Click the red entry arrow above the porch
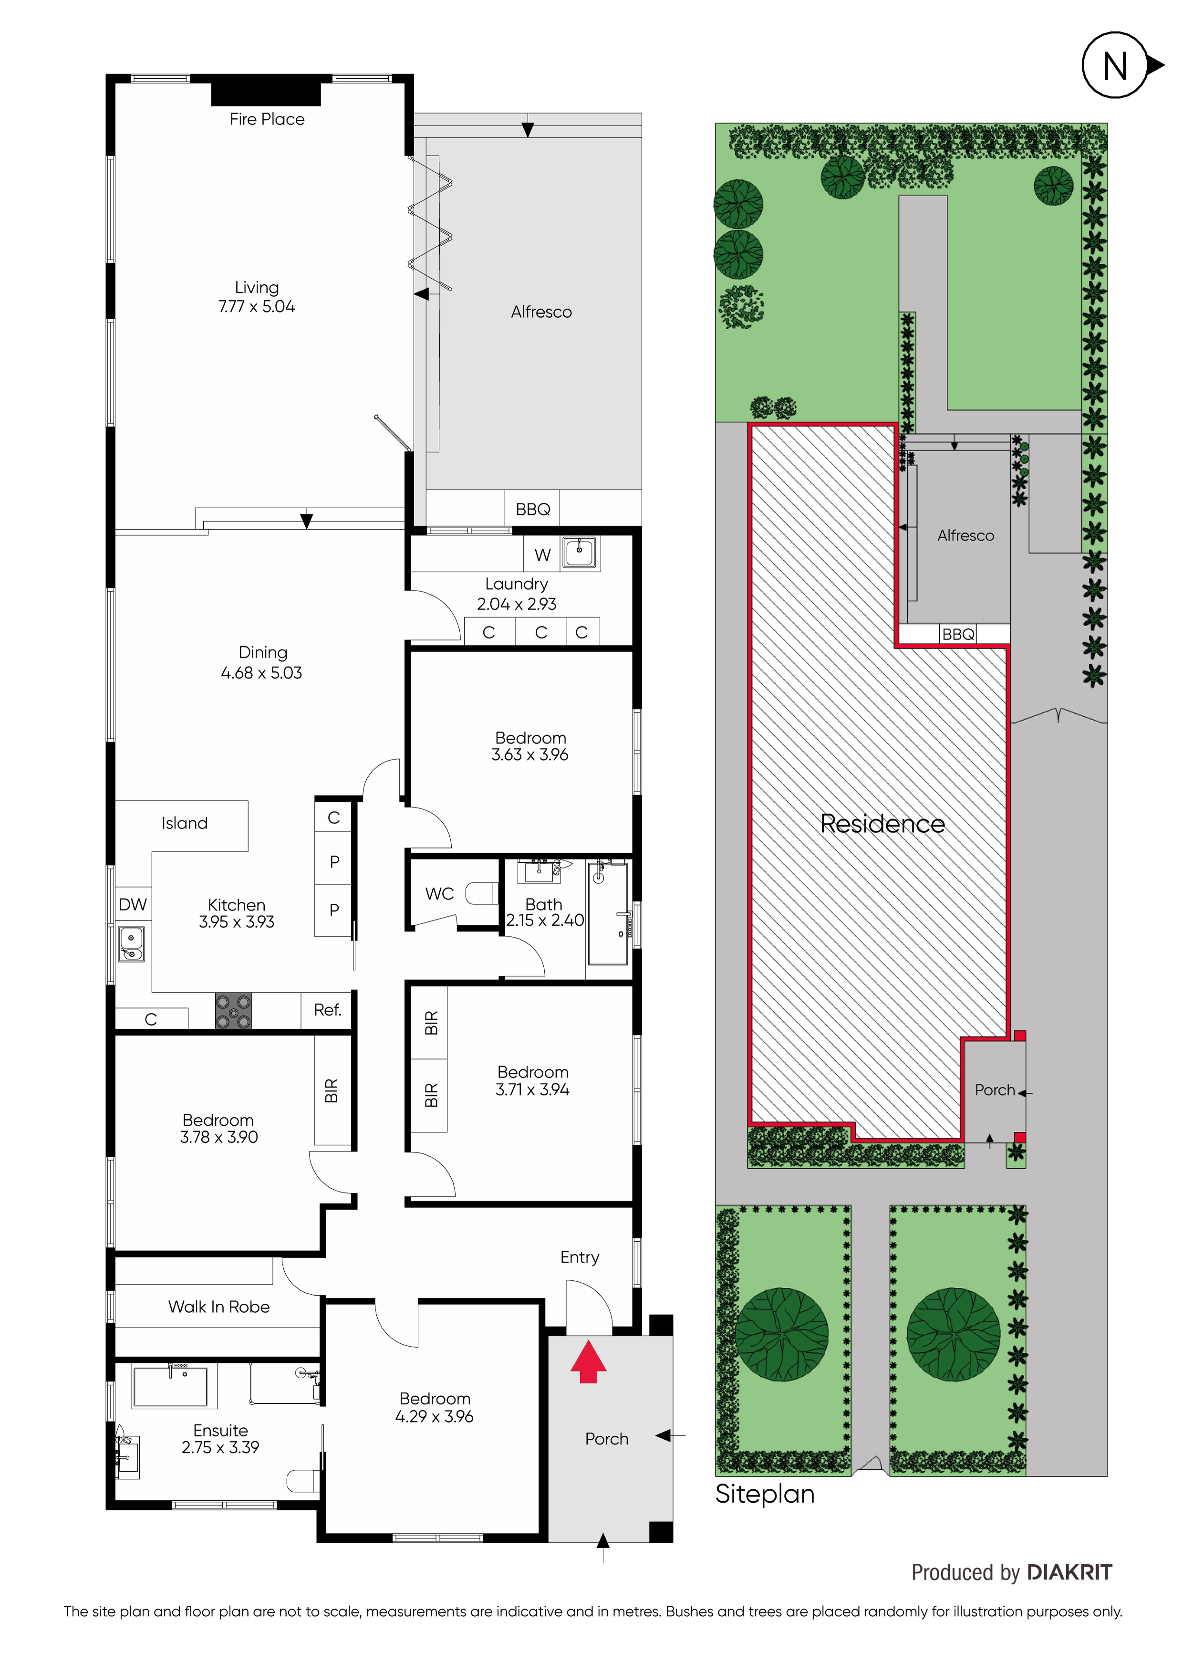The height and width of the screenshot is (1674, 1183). tap(588, 1362)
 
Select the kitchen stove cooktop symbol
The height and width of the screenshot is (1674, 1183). tap(233, 1011)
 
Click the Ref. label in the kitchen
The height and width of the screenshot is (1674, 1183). tap(327, 1010)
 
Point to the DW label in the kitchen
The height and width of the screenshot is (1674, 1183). tap(133, 905)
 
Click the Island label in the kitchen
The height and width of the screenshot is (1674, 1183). tap(185, 823)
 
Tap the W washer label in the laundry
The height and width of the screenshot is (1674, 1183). tap(542, 555)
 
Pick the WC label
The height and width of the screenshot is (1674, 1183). tap(439, 894)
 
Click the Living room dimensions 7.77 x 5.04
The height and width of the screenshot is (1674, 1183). tap(257, 307)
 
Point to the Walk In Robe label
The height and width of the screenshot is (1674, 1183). tap(218, 1307)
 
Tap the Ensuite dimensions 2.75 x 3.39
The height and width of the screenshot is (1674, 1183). tap(220, 1447)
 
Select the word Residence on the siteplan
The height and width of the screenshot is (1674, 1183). tap(882, 824)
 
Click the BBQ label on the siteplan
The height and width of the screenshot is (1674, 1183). tap(958, 634)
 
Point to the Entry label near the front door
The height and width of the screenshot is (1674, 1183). tap(580, 1258)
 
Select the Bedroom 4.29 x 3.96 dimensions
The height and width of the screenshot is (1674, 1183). tap(435, 1417)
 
